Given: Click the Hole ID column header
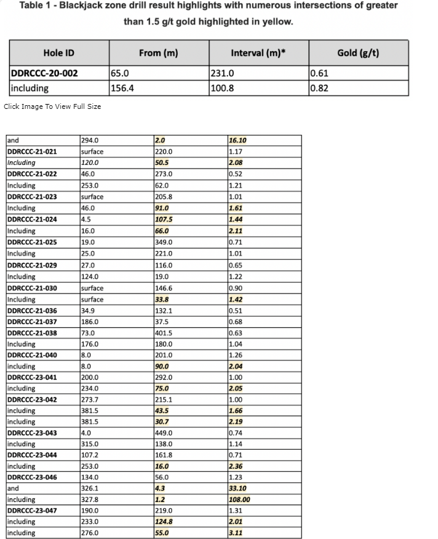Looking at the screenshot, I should (x=58, y=52).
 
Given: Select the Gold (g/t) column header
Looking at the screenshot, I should (x=358, y=52).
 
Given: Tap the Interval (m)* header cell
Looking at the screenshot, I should (x=258, y=52).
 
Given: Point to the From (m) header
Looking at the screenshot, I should (x=158, y=52).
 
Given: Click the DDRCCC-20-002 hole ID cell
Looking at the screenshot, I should (x=44, y=73).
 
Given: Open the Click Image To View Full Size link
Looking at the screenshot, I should (x=52, y=106).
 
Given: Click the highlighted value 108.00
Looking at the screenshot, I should (x=239, y=500).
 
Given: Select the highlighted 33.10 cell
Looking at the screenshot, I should (x=237, y=489).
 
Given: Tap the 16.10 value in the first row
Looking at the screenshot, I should (x=237, y=140).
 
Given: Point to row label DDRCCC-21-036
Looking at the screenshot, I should (x=32, y=311).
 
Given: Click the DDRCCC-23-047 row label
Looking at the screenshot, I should (x=32, y=511).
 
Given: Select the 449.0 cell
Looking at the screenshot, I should (x=164, y=433).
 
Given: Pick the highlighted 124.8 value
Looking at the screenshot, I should (x=164, y=522).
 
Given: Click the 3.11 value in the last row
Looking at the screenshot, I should (x=235, y=533).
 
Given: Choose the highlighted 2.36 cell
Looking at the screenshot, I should (x=235, y=466).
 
